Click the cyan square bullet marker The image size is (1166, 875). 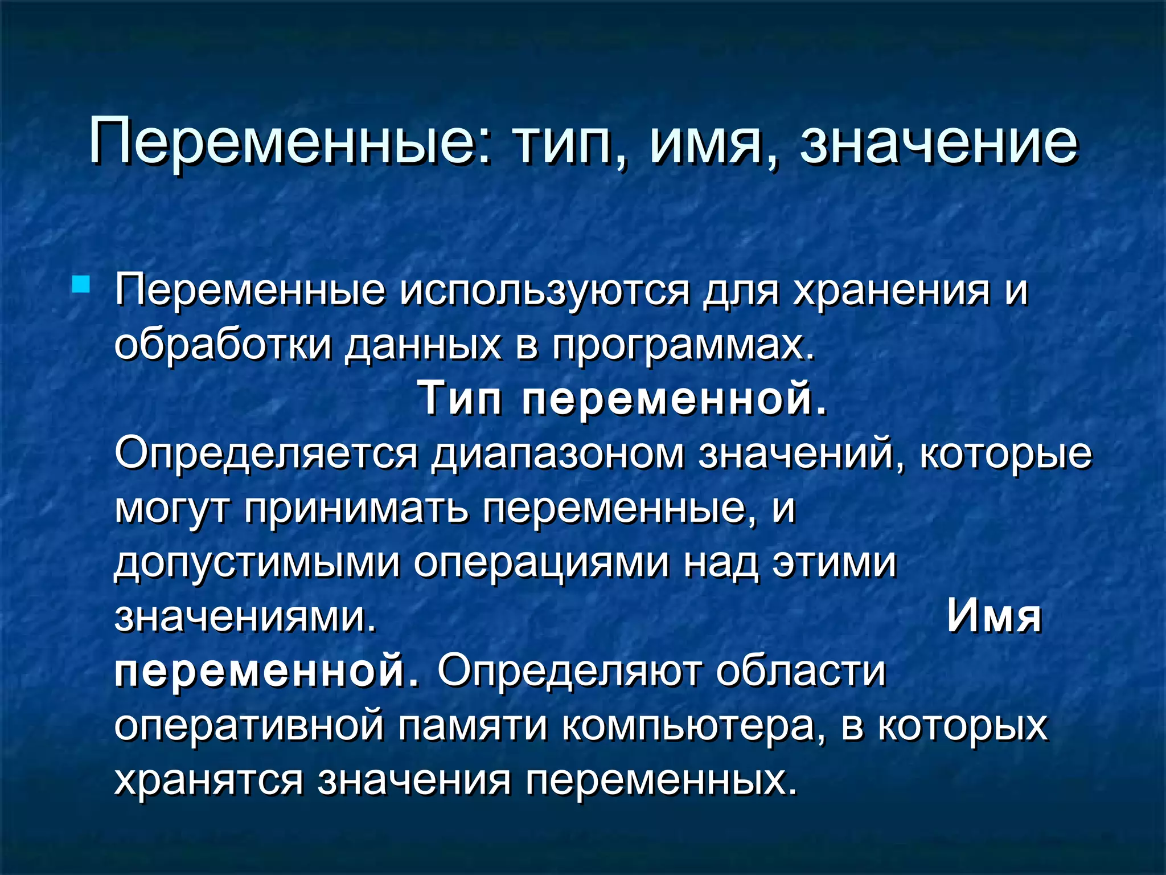tap(81, 284)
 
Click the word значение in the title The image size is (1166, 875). tap(938, 141)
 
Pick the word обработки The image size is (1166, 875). tap(223, 345)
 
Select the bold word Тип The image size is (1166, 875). tap(460, 399)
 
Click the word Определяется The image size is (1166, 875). tap(266, 455)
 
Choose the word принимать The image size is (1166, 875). tap(357, 508)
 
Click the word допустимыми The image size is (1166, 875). tap(257, 563)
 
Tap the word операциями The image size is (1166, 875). tap(541, 563)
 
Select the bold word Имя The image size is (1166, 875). tap(994, 616)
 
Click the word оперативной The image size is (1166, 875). tap(249, 726)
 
